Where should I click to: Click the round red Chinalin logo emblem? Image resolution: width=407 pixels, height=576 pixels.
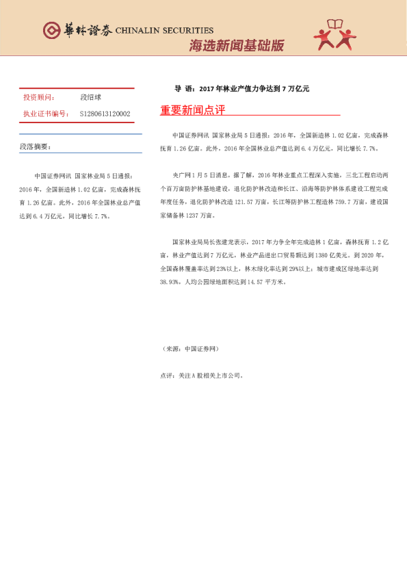(x=51, y=30)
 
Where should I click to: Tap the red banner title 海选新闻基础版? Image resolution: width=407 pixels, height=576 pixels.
(x=236, y=47)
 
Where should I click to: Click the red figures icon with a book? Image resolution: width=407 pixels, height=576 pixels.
(x=336, y=35)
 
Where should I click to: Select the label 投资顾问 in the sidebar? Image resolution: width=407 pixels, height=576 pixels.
(x=39, y=98)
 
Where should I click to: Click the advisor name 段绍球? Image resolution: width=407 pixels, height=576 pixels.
(x=90, y=98)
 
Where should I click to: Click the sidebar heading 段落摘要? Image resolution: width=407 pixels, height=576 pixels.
(x=36, y=146)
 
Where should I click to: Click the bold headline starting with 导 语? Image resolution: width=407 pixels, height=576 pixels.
(x=242, y=89)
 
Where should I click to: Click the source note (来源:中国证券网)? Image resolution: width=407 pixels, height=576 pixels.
(x=190, y=349)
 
